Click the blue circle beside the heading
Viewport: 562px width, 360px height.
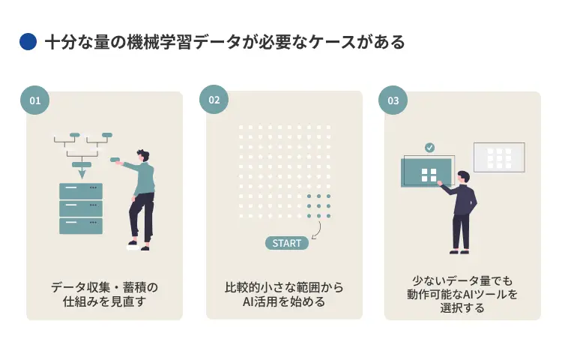(28, 41)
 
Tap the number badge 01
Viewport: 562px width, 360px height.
(34, 100)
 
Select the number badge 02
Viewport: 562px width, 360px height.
(214, 100)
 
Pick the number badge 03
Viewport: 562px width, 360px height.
(393, 100)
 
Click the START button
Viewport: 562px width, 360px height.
(287, 243)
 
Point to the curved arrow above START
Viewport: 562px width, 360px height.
(318, 229)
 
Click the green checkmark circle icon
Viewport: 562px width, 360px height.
(429, 147)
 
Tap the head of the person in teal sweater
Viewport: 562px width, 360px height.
(143, 155)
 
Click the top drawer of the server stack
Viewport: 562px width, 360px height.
(81, 191)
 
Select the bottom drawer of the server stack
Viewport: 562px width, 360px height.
(81, 226)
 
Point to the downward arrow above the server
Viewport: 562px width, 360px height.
(82, 174)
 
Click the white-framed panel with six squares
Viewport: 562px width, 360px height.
(499, 157)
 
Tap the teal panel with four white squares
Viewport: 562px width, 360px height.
(426, 173)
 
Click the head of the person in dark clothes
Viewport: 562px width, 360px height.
(463, 177)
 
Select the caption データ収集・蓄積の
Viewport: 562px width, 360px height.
(104, 287)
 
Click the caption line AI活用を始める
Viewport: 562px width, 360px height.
(284, 301)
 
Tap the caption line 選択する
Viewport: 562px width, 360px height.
(462, 307)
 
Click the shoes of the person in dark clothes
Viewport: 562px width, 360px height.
(459, 251)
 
